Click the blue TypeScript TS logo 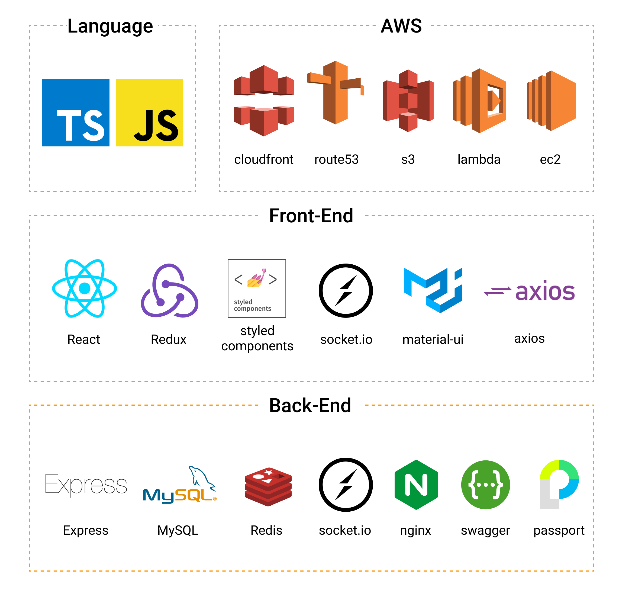(76, 113)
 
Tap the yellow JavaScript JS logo (149, 113)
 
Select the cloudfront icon (264, 101)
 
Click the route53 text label (336, 159)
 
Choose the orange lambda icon (479, 101)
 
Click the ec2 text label (550, 159)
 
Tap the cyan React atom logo (84, 288)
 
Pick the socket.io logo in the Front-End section (346, 290)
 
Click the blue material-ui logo (433, 290)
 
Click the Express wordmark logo (86, 484)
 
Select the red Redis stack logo (268, 486)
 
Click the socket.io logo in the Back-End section (346, 485)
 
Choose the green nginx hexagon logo (416, 485)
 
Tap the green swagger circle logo (485, 485)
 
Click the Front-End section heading (311, 216)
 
